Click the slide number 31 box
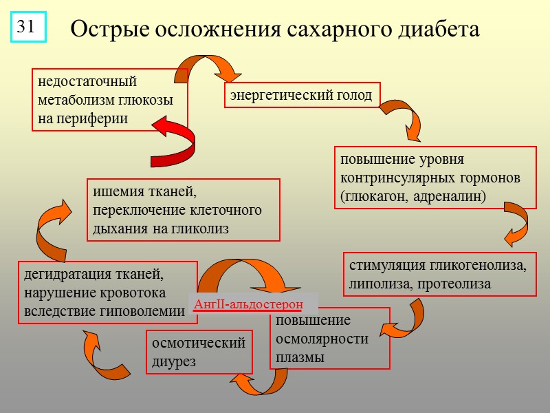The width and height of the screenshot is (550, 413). (x=27, y=27)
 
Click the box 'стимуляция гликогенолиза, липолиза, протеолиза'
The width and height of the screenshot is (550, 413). (x=439, y=274)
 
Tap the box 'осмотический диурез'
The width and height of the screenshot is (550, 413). (x=198, y=352)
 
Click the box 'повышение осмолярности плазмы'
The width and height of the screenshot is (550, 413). (x=329, y=340)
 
